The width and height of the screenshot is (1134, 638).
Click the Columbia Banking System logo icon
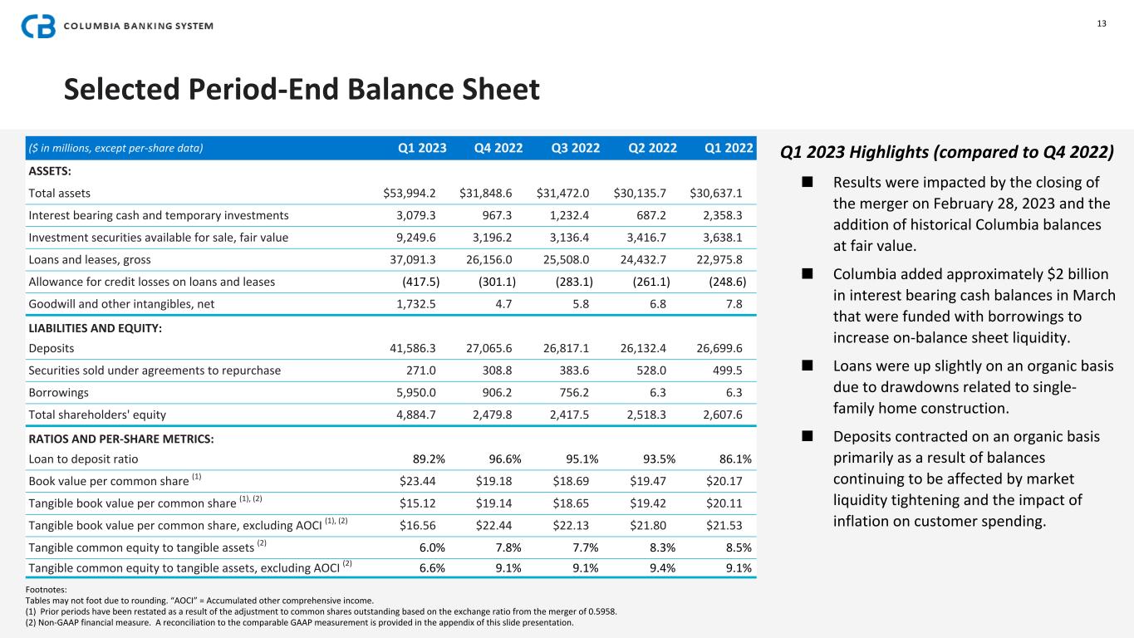point(38,27)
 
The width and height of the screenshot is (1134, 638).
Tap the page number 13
point(1101,23)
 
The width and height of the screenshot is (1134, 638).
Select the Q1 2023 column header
point(422,149)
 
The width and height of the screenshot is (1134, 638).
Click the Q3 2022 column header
point(575,149)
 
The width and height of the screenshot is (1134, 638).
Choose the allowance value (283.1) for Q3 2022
point(574,282)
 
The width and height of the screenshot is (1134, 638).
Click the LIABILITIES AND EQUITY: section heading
point(95,328)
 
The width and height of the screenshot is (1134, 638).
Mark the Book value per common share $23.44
point(420,480)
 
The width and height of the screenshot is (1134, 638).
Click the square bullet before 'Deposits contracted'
point(804,437)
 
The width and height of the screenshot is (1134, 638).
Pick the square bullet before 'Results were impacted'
point(804,183)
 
